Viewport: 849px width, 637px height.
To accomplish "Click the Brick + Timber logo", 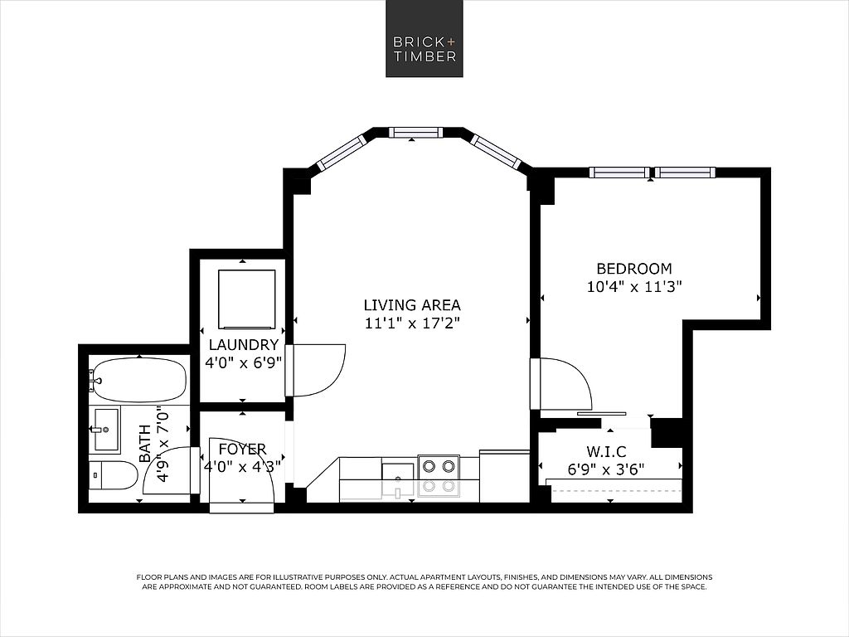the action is tap(424, 38).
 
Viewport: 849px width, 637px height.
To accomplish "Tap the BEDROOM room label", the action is tap(634, 269).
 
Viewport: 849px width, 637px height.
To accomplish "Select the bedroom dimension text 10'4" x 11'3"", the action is tap(634, 286).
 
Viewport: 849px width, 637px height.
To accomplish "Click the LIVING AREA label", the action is tap(412, 305).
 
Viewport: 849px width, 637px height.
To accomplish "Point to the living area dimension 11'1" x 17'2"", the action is tap(412, 323).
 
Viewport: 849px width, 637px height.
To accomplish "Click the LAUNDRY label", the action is tap(244, 344).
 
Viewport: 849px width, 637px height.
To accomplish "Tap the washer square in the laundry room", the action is tap(246, 299).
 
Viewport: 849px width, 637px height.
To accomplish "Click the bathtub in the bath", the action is tap(138, 377).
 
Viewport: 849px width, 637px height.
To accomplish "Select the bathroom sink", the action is tap(107, 430).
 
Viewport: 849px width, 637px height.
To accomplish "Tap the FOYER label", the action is tap(242, 449).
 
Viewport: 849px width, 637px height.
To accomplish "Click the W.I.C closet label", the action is tap(606, 451).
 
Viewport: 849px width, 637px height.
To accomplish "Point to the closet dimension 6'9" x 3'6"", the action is tap(606, 469).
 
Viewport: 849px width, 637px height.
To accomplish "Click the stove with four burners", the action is tap(439, 476).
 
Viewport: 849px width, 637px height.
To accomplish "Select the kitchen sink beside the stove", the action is tap(399, 479).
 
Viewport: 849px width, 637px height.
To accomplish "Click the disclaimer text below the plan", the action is tap(424, 581).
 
